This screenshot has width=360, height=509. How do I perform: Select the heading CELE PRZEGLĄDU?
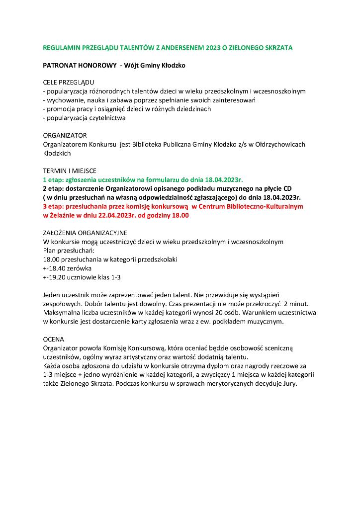[x=68, y=82]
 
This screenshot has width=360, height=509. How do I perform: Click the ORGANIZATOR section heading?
[x=65, y=135]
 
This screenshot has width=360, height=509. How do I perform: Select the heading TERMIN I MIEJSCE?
[x=70, y=170]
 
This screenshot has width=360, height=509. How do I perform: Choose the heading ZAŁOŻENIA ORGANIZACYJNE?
[x=85, y=233]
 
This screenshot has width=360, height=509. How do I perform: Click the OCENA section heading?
[x=54, y=339]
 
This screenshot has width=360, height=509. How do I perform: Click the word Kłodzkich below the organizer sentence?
[x=57, y=153]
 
